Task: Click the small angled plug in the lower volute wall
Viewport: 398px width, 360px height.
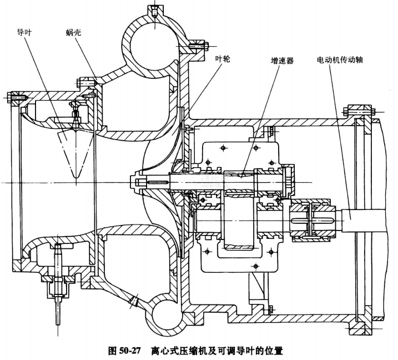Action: tap(133, 302)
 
